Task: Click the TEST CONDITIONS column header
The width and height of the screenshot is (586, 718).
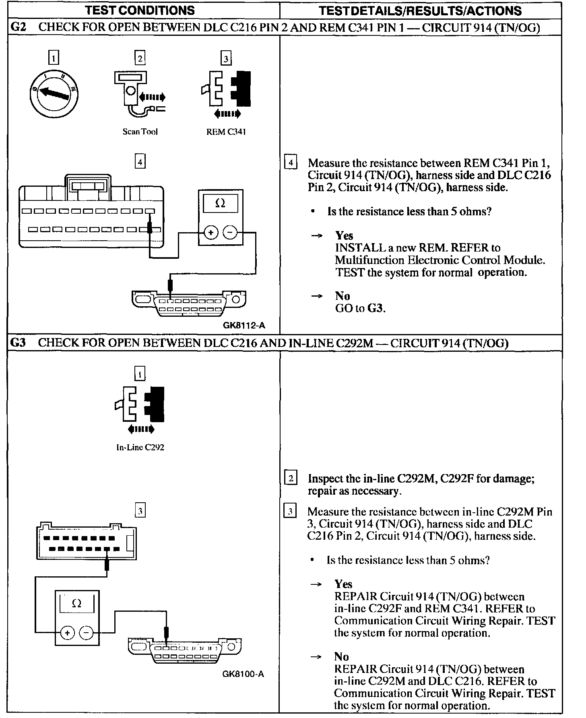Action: click(x=140, y=10)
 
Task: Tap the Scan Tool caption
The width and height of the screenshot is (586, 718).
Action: click(x=140, y=132)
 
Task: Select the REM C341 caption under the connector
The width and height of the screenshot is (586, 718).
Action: click(x=226, y=132)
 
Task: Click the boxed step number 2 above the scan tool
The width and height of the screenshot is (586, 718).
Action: click(x=140, y=58)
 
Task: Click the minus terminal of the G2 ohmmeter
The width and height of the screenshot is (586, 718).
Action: click(x=230, y=232)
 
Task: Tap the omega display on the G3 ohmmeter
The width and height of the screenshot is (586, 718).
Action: click(x=76, y=604)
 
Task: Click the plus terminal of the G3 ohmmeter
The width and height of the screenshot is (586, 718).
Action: click(x=67, y=633)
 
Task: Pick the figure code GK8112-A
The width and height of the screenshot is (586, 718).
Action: click(x=244, y=325)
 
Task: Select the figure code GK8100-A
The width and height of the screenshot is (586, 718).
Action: click(x=243, y=674)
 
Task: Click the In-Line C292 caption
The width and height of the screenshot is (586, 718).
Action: click(x=140, y=447)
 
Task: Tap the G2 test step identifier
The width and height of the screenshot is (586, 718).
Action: click(x=18, y=27)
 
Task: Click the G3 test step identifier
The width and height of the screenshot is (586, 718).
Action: click(x=18, y=343)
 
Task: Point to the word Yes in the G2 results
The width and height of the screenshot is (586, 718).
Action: click(x=344, y=235)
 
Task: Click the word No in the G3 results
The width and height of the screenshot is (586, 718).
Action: click(x=341, y=657)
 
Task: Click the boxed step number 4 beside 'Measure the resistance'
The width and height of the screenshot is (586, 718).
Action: click(x=291, y=163)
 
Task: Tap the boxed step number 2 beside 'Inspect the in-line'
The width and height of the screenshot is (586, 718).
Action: click(x=291, y=478)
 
